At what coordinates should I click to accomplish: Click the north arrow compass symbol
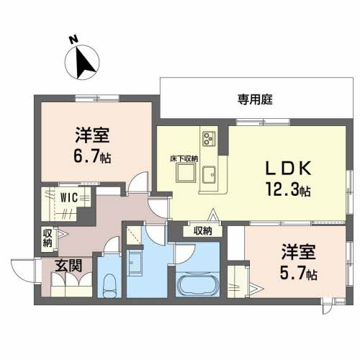(x=82, y=63)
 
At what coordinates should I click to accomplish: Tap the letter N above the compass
(x=74, y=40)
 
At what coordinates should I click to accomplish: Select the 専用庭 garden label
(x=255, y=99)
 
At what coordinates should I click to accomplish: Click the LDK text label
(x=288, y=168)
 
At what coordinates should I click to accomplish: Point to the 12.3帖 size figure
(x=288, y=189)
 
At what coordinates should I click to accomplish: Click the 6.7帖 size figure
(x=92, y=156)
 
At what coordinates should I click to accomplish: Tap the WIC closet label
(x=69, y=198)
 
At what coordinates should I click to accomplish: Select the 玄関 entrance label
(x=68, y=266)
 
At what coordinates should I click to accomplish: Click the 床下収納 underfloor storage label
(x=184, y=159)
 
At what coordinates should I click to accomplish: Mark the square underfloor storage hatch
(x=186, y=173)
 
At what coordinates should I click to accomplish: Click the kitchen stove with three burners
(x=209, y=139)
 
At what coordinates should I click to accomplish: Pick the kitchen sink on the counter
(x=209, y=174)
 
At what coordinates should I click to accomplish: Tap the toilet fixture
(x=109, y=286)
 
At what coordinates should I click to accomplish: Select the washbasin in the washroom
(x=135, y=263)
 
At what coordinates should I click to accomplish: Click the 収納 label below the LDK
(x=203, y=231)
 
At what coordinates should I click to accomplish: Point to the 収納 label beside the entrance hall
(x=48, y=238)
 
